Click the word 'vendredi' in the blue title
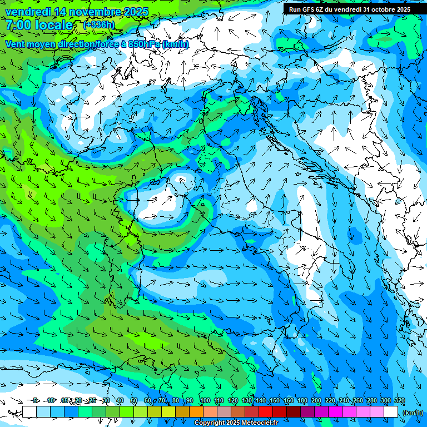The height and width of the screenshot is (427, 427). (26, 12)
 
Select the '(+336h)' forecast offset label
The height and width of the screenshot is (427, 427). (99, 25)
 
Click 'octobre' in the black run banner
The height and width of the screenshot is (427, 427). (382, 9)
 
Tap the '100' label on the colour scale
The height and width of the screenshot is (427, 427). (205, 401)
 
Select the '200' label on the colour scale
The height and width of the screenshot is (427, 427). (316, 401)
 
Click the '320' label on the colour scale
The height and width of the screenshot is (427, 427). (399, 401)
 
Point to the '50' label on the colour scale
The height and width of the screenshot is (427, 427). (134, 401)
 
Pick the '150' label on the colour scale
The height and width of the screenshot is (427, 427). (275, 401)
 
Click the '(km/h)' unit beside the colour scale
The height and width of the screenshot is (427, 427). (413, 412)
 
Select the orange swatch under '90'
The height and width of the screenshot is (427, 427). (196, 412)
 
